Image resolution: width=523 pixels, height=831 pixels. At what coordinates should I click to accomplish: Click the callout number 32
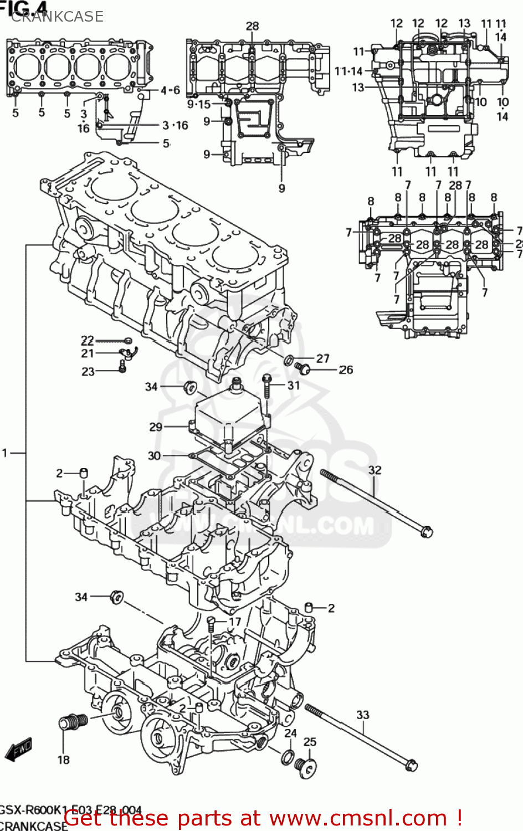(375, 470)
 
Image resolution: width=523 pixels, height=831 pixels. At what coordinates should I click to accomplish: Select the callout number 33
(362, 715)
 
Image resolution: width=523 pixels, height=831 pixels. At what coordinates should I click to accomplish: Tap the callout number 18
(64, 760)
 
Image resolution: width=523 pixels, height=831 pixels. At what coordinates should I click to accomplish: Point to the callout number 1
(5, 453)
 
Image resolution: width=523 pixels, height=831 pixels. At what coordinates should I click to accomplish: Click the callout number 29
(156, 427)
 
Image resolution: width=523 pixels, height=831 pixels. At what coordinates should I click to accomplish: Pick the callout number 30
(154, 455)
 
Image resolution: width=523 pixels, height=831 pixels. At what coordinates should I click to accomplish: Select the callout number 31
(294, 384)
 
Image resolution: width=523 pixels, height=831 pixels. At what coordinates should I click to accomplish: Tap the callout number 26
(346, 370)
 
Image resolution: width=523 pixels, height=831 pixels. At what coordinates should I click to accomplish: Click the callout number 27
(323, 358)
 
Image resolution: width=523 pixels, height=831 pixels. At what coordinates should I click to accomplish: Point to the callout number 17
(235, 622)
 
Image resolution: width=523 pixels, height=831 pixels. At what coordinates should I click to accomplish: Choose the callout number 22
(88, 340)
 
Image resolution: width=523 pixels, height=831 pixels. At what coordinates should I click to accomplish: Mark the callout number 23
(88, 371)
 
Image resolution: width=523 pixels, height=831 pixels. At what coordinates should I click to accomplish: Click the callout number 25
(310, 741)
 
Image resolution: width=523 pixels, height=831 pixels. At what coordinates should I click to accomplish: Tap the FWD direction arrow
(18, 750)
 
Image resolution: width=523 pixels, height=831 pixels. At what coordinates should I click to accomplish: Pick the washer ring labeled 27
(289, 361)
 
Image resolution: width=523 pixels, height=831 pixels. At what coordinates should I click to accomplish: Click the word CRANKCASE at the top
(57, 17)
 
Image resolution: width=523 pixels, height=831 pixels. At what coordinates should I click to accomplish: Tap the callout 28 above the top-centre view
(252, 26)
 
